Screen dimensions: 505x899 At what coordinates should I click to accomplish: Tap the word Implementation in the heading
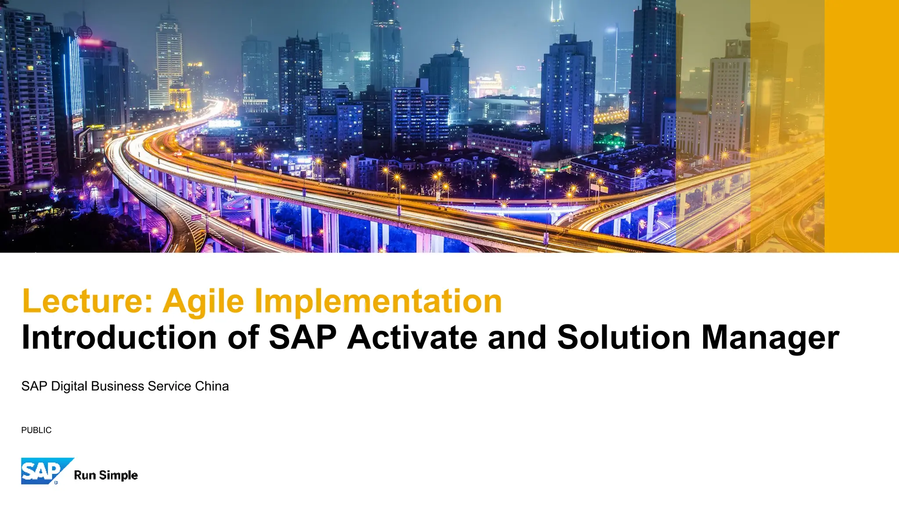point(378,301)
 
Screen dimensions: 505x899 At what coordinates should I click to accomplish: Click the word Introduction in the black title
point(119,338)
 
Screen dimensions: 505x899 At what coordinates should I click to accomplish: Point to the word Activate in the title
point(412,338)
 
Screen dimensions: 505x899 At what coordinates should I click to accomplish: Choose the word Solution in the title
point(624,338)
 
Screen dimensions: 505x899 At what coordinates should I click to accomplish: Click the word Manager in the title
point(770,338)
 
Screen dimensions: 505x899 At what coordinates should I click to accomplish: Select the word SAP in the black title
point(302,338)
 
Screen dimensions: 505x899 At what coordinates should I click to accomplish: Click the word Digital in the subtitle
point(69,386)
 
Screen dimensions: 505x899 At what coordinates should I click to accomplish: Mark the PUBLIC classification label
point(36,430)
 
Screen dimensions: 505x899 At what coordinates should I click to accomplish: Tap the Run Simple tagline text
point(106,475)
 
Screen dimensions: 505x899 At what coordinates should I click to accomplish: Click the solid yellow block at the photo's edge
point(861,126)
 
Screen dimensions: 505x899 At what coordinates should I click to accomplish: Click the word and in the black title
point(517,338)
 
